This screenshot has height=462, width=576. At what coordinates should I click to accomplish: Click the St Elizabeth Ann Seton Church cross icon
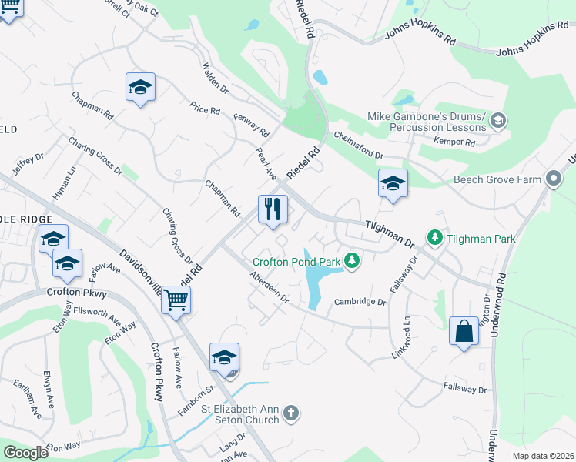(291, 413)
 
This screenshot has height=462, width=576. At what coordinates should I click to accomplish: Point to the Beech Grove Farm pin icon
(553, 179)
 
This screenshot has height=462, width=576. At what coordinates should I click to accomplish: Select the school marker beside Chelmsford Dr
(393, 183)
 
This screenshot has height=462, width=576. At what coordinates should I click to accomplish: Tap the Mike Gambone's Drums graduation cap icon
(498, 120)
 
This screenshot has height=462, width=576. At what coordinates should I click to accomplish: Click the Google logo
(26, 453)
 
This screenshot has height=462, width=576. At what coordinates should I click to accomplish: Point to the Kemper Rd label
(454, 142)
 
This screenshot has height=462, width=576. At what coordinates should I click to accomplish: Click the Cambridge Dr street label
(359, 302)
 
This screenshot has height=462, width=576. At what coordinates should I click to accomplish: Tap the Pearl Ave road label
(266, 164)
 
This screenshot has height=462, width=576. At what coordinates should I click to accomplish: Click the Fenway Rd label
(253, 120)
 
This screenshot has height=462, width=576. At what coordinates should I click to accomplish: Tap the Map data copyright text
(542, 456)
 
